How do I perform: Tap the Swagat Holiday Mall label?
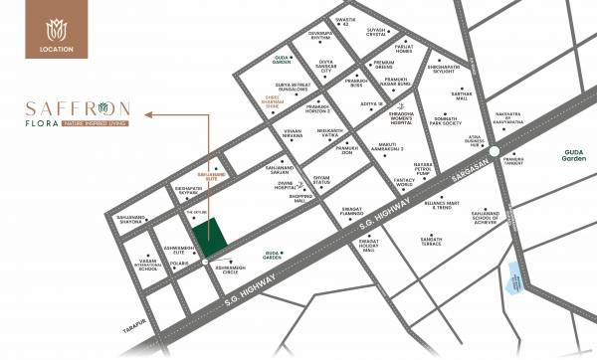coord(367,245)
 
